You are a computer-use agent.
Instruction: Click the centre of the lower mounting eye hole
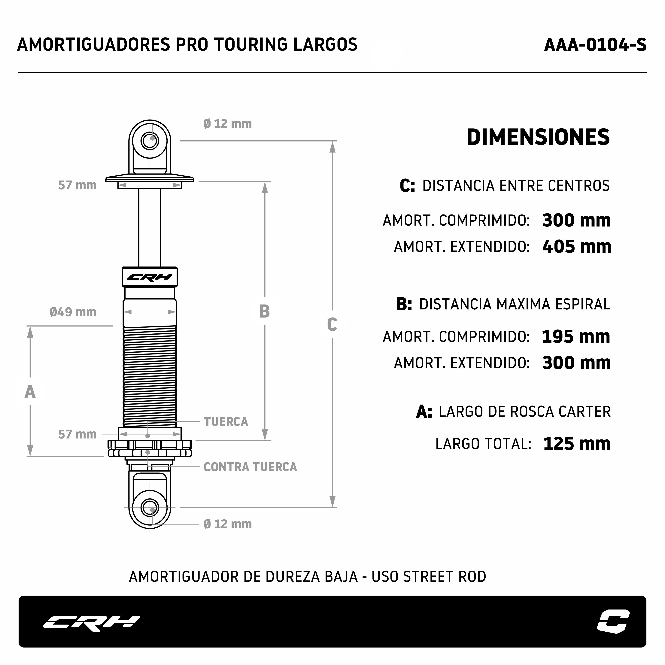click(x=150, y=508)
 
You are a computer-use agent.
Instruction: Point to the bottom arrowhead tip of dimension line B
click(x=265, y=440)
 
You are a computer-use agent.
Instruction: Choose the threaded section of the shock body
click(x=150, y=376)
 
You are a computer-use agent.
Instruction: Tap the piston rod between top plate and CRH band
click(x=150, y=228)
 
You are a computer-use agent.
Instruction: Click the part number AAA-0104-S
click(x=595, y=45)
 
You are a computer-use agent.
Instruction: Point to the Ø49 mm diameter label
click(x=73, y=312)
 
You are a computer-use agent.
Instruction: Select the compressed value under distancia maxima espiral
click(x=576, y=336)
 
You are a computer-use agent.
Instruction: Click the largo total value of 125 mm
click(x=577, y=444)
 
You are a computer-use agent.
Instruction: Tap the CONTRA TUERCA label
click(x=250, y=467)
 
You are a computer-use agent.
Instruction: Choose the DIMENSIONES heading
click(x=538, y=137)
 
